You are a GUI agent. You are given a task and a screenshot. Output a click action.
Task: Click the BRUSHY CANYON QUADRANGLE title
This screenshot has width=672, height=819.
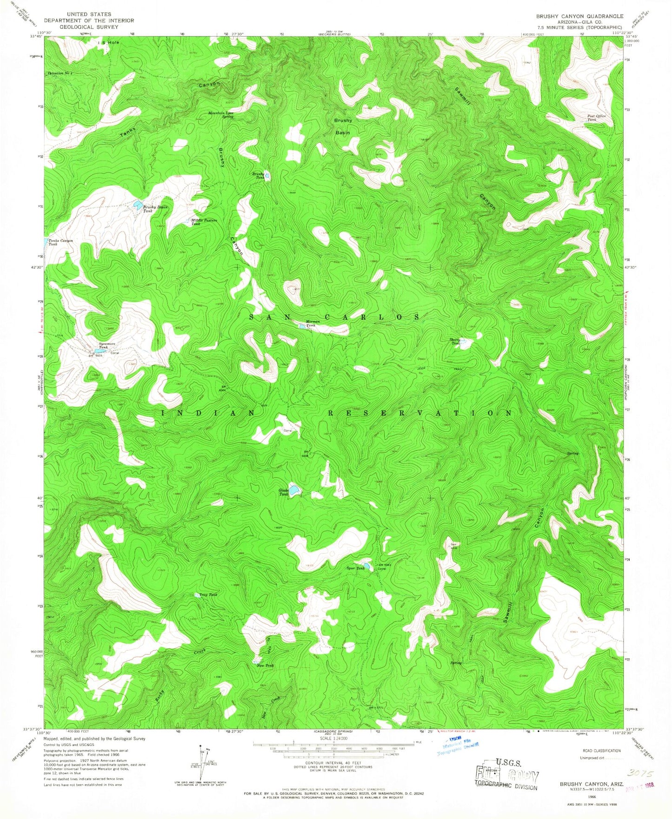pos(579,16)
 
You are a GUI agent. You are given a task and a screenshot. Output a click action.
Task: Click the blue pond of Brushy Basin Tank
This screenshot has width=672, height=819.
pos(138,204)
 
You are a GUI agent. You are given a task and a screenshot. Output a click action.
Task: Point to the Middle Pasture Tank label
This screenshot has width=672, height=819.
pos(204,222)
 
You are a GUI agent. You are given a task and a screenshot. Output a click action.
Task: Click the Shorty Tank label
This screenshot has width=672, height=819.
pos(455,342)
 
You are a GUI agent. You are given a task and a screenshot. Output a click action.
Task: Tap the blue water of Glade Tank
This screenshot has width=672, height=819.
pos(295,489)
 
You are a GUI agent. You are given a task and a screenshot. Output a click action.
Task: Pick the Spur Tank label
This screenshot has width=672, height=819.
pos(356,568)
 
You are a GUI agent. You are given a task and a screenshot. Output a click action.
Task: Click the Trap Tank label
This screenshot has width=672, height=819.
pos(208,594)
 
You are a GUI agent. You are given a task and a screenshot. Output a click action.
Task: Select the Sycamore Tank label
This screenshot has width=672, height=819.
pos(103,345)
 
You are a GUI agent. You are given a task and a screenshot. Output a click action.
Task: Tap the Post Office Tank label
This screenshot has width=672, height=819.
pos(596,118)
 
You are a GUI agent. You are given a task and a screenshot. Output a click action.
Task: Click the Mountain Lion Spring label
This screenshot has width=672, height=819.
pos(221,114)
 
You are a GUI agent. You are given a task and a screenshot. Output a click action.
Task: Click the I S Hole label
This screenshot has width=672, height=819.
pos(108,42)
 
